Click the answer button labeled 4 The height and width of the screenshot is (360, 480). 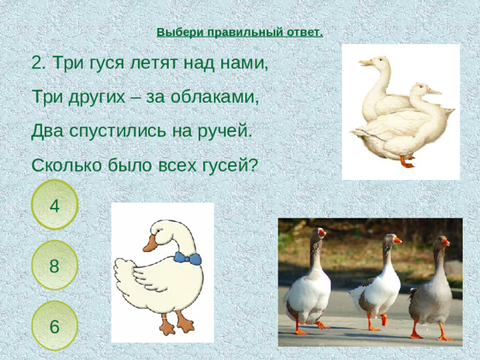tap(55, 204)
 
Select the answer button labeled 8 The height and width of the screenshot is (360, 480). tap(55, 265)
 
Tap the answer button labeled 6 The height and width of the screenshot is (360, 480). tap(55, 325)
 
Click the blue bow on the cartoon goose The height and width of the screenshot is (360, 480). tap(187, 259)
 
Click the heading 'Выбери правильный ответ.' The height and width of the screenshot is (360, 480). tap(240, 32)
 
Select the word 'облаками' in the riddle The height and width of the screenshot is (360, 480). tap(221, 97)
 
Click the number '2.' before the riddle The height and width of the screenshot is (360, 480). tap(40, 63)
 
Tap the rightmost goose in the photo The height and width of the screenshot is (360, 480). tap(433, 289)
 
